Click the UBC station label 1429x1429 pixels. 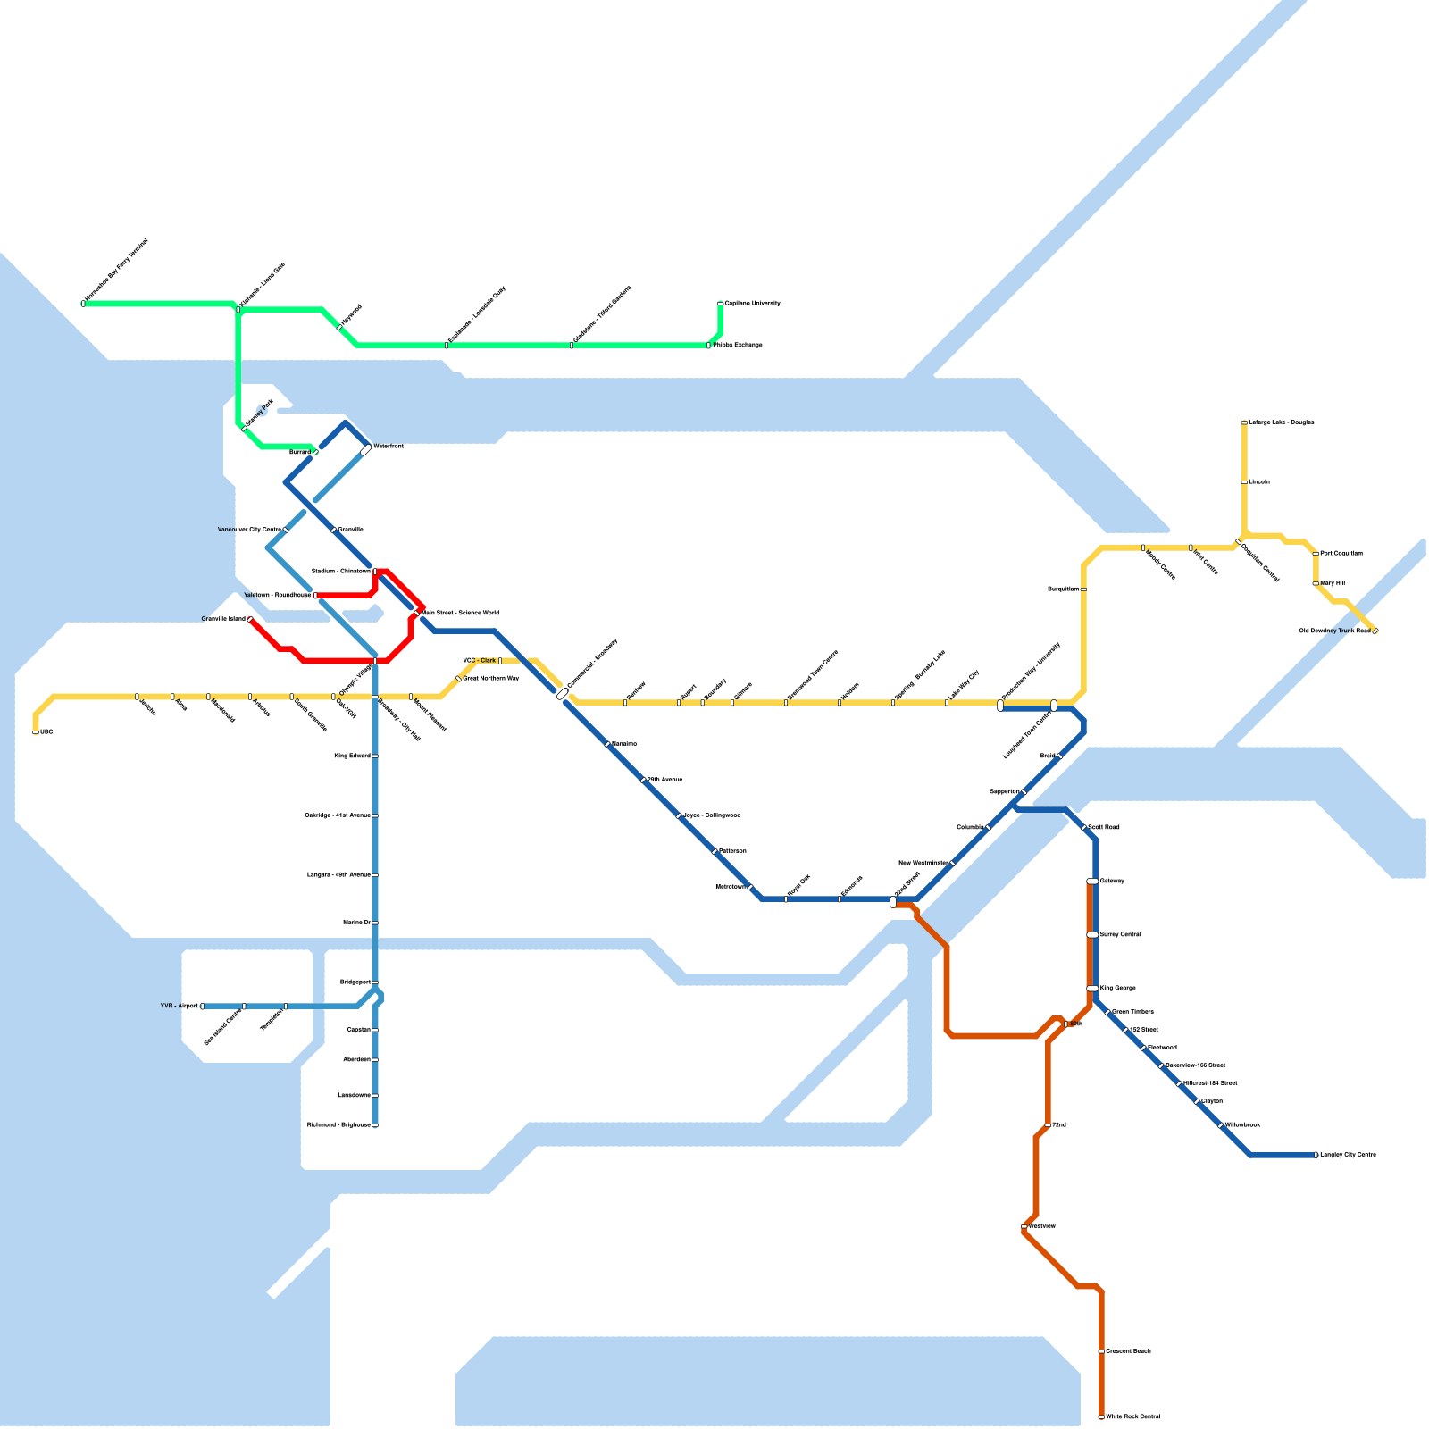pos(47,732)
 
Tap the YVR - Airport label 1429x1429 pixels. pos(179,1006)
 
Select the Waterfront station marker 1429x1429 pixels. pos(366,450)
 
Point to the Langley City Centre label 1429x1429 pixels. pos(1348,1155)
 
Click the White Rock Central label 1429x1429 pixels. pos(1132,1416)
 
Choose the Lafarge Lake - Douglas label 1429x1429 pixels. pos(1281,422)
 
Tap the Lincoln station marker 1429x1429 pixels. pos(1244,482)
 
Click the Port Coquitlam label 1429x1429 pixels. pos(1341,554)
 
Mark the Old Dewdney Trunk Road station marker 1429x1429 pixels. pos(1375,631)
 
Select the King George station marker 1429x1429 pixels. pos(1092,989)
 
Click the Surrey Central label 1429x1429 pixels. pos(1120,935)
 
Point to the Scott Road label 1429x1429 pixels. pos(1104,828)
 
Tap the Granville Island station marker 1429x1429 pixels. pos(250,619)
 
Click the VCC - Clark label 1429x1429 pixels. pos(479,661)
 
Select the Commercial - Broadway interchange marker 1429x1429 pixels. pos(562,694)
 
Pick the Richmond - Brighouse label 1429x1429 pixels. pos(338,1124)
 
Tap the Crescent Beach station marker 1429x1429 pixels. pos(1101,1351)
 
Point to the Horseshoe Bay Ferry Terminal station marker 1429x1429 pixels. pos(83,304)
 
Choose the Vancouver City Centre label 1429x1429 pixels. pos(249,530)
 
